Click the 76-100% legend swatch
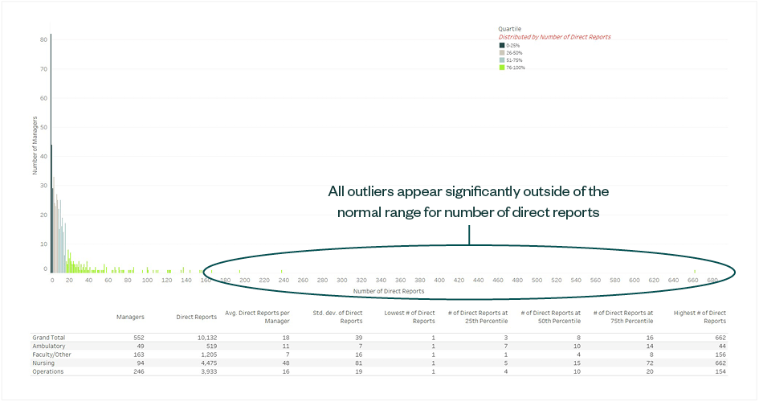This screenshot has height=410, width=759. tap(501, 68)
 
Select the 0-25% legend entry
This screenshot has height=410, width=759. tap(512, 46)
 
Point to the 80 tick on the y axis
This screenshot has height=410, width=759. tap(44, 39)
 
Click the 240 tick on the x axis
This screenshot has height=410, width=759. tap(284, 281)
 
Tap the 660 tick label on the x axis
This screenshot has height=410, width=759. tap(693, 281)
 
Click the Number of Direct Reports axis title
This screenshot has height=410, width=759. tap(389, 290)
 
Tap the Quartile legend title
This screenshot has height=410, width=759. tap(510, 29)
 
